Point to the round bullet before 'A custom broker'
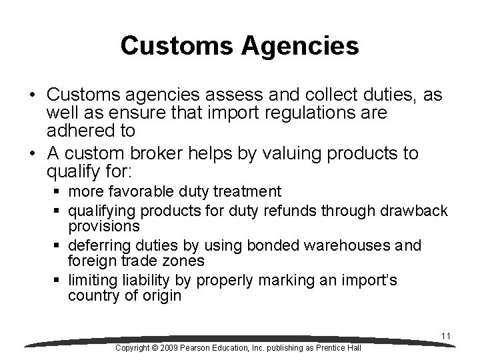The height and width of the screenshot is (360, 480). (x=33, y=154)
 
